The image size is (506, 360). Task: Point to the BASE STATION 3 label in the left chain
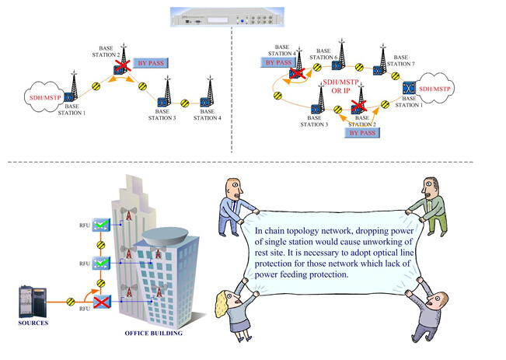pos(164,114)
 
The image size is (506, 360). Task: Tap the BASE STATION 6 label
pos(325,54)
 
